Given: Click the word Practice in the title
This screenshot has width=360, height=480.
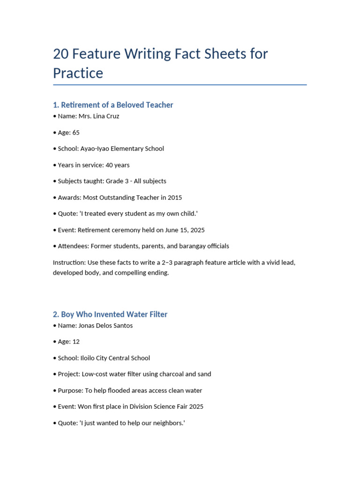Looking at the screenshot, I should (78, 73).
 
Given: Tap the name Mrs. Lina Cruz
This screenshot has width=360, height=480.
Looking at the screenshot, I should (99, 116).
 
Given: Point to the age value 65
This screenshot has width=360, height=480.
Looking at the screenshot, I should (76, 133).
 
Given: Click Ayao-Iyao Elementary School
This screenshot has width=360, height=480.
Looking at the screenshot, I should (122, 149).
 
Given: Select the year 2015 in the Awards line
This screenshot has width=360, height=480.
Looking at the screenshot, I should (174, 197).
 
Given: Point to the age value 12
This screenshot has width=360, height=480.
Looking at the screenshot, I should (76, 342).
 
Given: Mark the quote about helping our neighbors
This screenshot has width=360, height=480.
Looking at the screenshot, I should (133, 423).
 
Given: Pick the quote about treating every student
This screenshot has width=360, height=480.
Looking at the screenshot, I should (139, 214).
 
